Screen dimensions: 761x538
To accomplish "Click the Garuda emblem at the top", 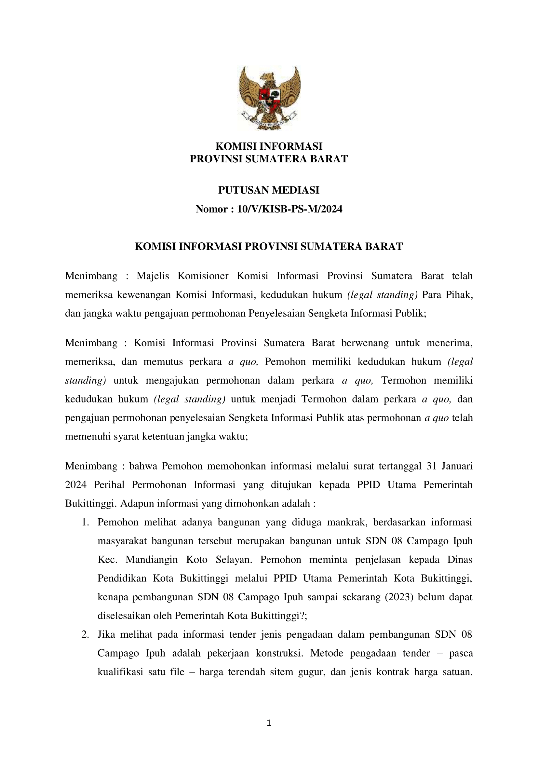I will coord(269,98).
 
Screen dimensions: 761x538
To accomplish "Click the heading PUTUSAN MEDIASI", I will coord(269,190).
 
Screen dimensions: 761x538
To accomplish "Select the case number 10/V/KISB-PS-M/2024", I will coord(289,209).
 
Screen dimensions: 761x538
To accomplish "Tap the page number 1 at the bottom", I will coord(269,723).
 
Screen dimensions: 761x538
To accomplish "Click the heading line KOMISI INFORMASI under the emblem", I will coord(269,146).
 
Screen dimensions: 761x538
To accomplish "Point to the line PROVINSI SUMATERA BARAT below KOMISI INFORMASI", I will coord(269,159).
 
